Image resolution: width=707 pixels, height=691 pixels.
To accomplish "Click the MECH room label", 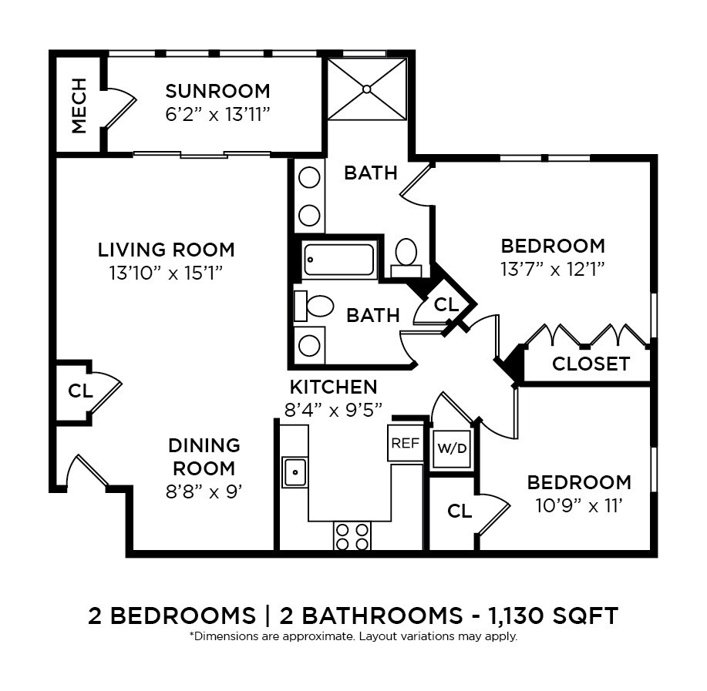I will [x=79, y=106].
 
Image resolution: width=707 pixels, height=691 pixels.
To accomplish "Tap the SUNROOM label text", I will [x=217, y=92].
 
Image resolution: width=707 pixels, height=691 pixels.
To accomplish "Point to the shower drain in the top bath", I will [x=367, y=89].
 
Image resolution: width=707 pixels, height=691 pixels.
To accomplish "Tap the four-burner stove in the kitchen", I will [x=352, y=536].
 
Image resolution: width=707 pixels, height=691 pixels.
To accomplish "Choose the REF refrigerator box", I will [x=405, y=443].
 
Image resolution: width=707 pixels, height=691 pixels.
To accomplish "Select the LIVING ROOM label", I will [x=166, y=250].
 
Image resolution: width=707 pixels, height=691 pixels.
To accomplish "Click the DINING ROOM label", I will [x=204, y=456].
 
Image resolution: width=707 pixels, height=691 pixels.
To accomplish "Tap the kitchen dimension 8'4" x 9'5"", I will [x=333, y=410].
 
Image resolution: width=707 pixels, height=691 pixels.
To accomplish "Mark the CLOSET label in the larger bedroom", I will [x=591, y=364].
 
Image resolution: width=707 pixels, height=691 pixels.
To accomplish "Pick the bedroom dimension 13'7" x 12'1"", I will [x=553, y=269].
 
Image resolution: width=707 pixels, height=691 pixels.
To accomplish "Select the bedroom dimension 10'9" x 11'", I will [x=579, y=505].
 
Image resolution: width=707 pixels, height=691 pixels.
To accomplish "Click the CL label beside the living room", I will [x=79, y=391].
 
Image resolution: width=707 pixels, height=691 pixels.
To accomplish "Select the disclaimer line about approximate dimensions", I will [x=353, y=637].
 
